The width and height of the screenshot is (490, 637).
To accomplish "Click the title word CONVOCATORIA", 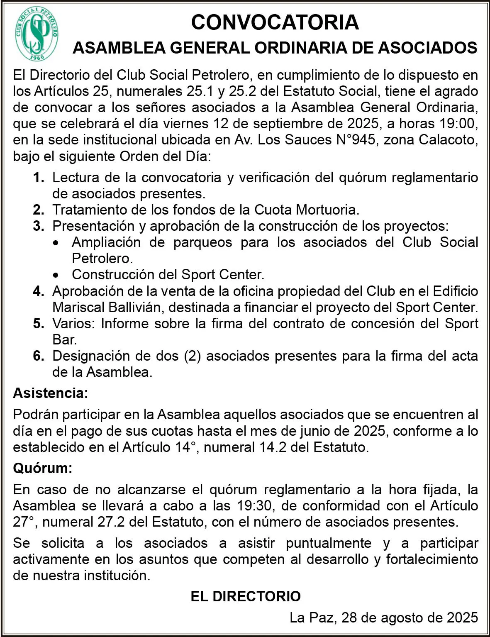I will (275, 22).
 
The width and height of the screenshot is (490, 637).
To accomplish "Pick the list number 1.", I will (39, 178).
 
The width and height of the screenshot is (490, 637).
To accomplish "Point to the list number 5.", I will (39, 324).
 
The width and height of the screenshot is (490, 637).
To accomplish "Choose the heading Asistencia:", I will (51, 393).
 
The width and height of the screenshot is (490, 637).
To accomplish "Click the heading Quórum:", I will (43, 469).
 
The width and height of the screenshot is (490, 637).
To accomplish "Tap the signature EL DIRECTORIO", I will (246, 597).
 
